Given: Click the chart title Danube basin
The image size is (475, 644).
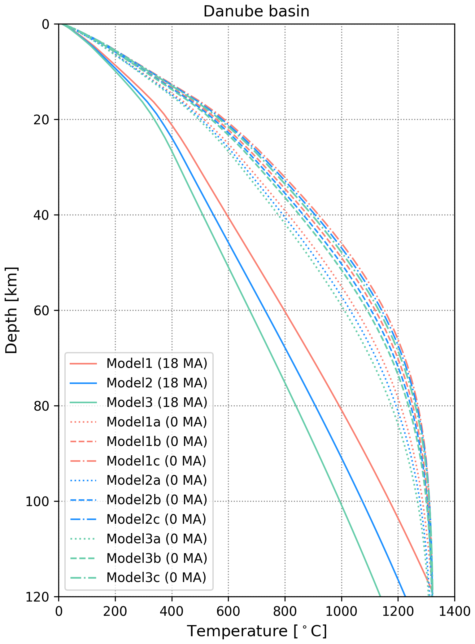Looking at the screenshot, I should click(x=256, y=11).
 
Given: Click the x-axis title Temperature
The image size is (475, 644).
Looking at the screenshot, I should click(x=257, y=631).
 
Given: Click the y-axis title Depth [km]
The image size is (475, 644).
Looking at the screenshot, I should click(x=12, y=310).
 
